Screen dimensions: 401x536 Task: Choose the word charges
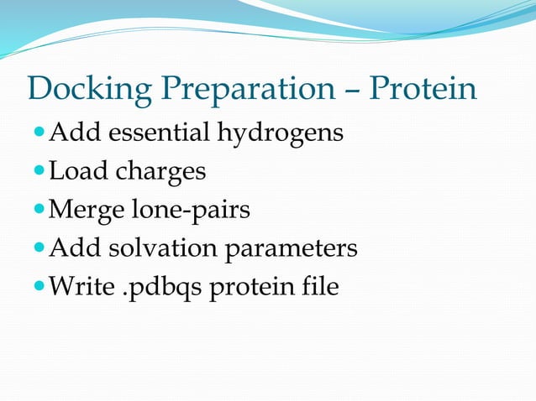pyautogui.click(x=160, y=173)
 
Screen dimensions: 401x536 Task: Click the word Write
pyautogui.click(x=81, y=287)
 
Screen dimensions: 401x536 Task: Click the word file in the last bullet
pyautogui.click(x=320, y=287)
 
